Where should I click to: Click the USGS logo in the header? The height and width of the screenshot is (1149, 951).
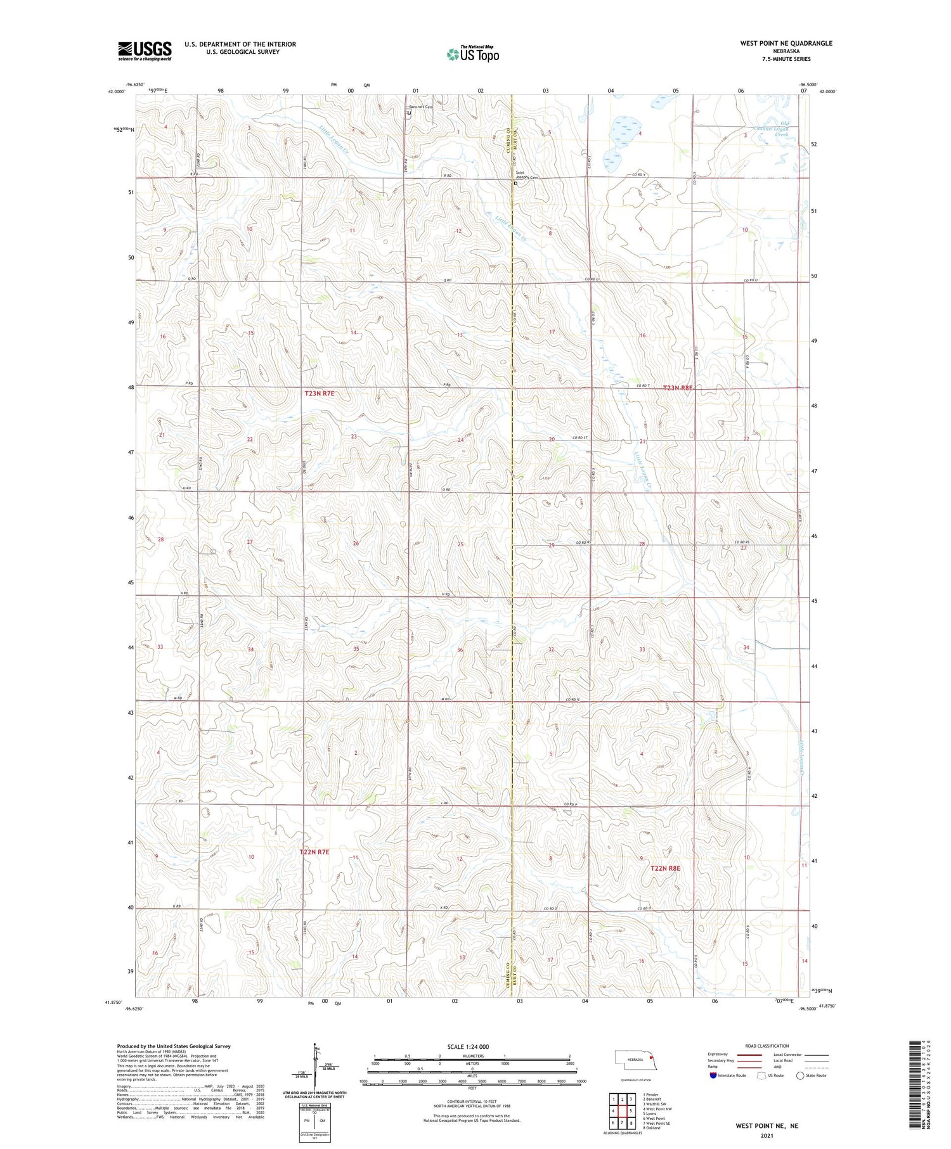145,51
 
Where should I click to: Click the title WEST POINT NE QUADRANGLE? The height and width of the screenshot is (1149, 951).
786,43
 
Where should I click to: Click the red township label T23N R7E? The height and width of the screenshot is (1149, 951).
319,394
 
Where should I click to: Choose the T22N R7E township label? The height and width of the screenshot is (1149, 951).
314,852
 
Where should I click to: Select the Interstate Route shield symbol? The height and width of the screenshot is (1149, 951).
713,1075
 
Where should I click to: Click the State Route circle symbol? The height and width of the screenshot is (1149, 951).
801,1075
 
